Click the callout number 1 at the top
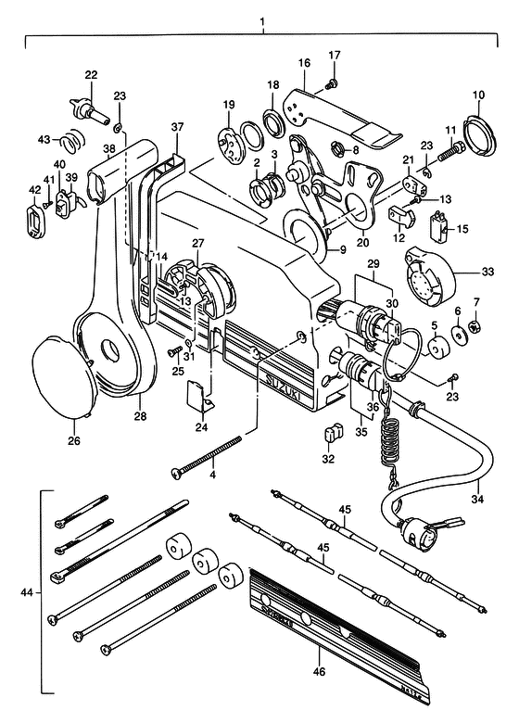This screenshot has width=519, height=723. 262,20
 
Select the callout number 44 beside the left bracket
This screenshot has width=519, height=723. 27,592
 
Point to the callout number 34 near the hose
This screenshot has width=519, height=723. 478,498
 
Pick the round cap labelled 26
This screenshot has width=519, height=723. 61,377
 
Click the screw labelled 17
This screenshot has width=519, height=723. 332,84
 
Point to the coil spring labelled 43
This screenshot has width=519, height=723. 73,138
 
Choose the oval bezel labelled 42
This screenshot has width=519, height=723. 34,215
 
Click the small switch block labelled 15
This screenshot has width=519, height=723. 437,225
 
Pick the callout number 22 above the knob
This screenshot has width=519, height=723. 91,75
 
